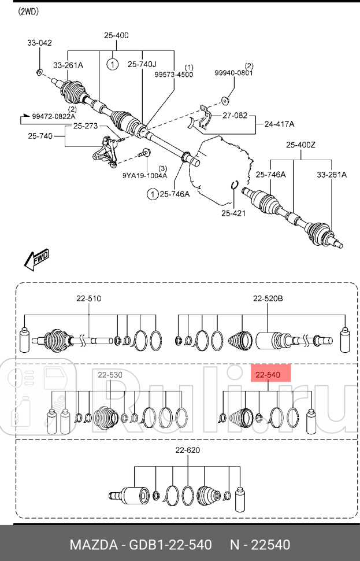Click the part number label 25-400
[x=116, y=35]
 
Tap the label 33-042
[x=39, y=43]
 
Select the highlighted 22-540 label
[x=268, y=375]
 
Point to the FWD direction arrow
[x=36, y=259]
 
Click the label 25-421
[x=233, y=213]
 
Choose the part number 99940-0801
[x=233, y=73]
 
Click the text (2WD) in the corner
[x=28, y=12]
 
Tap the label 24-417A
[x=280, y=124]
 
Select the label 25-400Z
[x=300, y=145]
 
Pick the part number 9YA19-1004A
[x=145, y=175]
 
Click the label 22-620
[x=188, y=450]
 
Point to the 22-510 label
[x=88, y=298]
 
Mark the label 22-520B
[x=268, y=298]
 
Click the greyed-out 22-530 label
[x=110, y=375]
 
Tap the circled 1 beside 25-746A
[x=153, y=194]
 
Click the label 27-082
[x=235, y=116]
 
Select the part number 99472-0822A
[x=54, y=116]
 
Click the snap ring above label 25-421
[x=235, y=184]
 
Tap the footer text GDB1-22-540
[x=170, y=545]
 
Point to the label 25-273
[x=86, y=126]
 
